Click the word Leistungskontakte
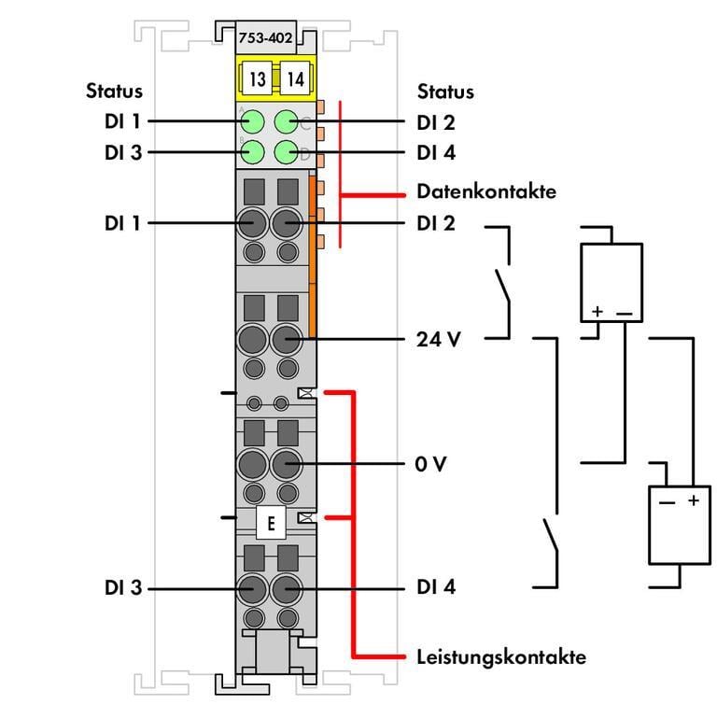point(500,656)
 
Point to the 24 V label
point(438,339)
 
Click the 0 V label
point(431,463)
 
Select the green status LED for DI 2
point(287,122)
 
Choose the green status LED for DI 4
point(287,152)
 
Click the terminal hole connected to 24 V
point(286,339)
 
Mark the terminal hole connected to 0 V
point(286,463)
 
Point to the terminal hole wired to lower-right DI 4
point(286,588)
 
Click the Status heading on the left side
point(115,92)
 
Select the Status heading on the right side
point(445,92)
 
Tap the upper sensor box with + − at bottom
point(612,284)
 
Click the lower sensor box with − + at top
point(680,526)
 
